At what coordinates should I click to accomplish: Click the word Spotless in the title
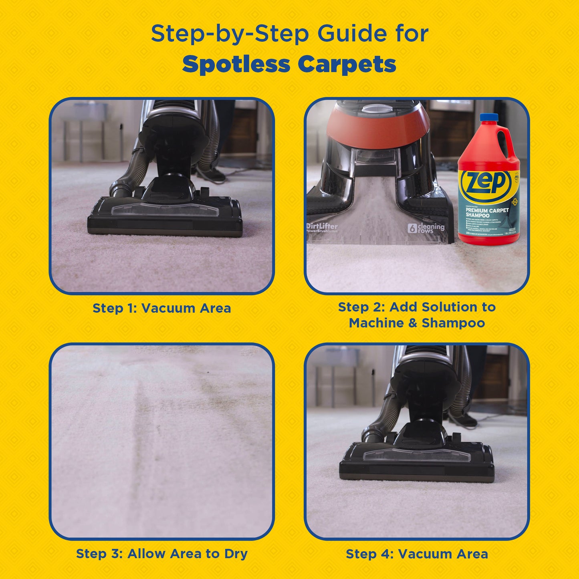tap(236, 65)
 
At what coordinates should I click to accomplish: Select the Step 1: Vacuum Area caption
tap(161, 308)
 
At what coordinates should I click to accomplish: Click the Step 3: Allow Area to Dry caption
tap(161, 554)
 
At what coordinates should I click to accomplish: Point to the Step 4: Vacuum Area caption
tap(417, 554)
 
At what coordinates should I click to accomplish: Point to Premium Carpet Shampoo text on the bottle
tap(486, 213)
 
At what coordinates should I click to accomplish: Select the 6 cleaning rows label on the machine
tap(426, 228)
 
